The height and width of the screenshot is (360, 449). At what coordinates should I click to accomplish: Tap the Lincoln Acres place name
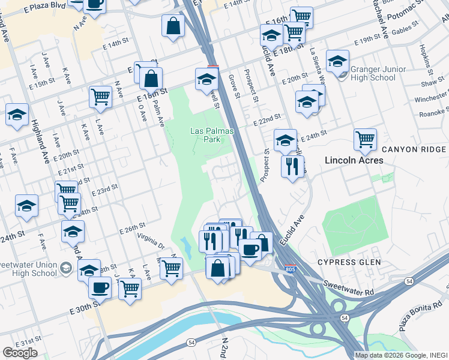[354, 160]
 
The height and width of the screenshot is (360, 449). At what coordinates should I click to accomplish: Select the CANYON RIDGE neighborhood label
[414, 149]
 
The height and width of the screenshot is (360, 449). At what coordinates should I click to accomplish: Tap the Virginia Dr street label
[150, 241]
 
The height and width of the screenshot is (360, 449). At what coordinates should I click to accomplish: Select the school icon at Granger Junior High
[338, 61]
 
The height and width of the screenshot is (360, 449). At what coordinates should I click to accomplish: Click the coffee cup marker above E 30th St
[100, 287]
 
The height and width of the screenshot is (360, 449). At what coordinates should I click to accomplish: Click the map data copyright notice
[401, 355]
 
